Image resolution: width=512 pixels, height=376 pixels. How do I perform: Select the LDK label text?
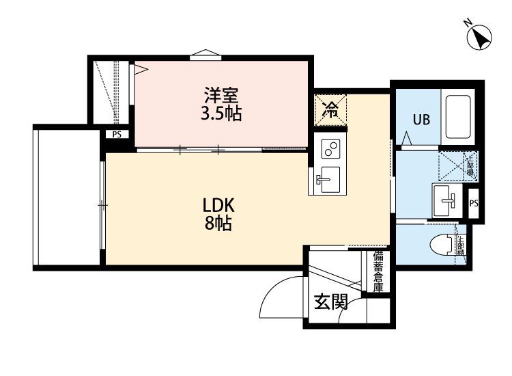(218, 204)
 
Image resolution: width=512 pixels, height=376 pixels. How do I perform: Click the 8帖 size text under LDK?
(218, 223)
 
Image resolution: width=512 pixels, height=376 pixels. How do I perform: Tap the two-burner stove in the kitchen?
(330, 148)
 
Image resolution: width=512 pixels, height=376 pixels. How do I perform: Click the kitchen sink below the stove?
(329, 179)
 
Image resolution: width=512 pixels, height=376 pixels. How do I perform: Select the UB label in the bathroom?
(421, 120)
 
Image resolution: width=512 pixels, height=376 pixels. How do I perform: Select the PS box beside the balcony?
(117, 135)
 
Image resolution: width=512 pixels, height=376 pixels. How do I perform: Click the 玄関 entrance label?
(330, 301)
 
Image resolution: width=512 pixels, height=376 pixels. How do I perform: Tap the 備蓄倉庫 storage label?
(378, 272)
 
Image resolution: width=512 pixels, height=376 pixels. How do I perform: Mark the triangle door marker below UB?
(407, 140)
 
